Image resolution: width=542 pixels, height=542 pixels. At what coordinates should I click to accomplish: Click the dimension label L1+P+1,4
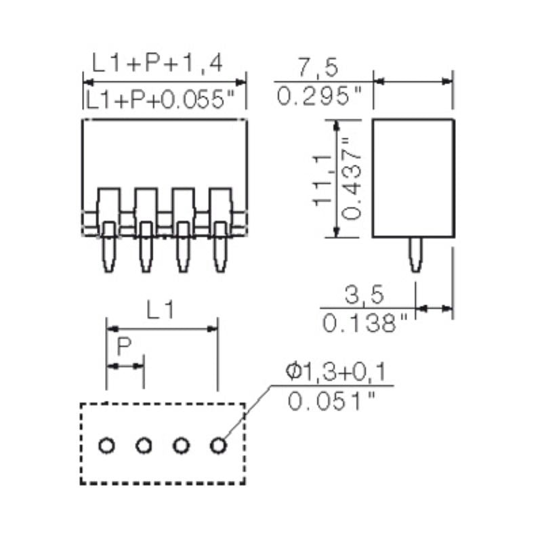[158, 65]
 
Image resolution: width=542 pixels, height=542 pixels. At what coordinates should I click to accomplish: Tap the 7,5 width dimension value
[318, 68]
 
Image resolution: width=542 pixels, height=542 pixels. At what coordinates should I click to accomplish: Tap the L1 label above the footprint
[161, 311]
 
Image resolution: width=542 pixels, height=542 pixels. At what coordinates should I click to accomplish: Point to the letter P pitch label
[124, 348]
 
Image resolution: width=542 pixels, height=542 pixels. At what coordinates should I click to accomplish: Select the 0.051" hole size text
[332, 401]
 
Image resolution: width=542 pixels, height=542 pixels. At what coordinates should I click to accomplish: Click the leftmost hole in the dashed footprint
[106, 446]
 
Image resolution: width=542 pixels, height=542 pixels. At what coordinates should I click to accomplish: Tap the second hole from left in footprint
[143, 446]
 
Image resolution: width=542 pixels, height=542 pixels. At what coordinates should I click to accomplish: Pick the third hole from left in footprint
[180, 446]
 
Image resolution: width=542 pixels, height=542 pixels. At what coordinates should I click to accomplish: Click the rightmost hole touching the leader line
[217, 446]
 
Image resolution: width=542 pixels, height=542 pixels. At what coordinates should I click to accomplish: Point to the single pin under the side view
[415, 255]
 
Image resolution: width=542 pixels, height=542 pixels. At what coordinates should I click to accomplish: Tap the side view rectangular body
[413, 178]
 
